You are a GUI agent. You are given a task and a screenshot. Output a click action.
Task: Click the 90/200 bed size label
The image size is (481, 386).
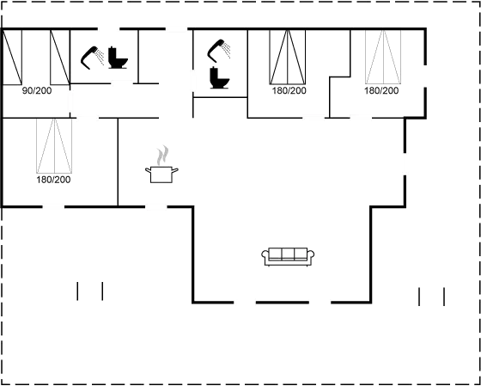(x=37, y=91)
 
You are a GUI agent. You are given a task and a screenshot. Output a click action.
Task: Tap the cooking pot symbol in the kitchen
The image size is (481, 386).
(x=161, y=175)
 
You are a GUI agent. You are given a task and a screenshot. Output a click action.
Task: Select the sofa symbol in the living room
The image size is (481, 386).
(x=288, y=257)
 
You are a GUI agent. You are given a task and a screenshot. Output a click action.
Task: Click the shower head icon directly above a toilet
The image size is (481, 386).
(x=219, y=51)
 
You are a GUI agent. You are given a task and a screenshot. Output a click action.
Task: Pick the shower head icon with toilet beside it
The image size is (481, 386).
(x=93, y=58)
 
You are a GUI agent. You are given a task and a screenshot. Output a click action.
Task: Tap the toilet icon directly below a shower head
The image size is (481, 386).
(x=219, y=78)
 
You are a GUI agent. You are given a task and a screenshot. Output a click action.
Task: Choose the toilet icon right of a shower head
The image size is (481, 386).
(x=118, y=58)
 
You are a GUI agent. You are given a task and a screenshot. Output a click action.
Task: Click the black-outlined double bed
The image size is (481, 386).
(x=288, y=57)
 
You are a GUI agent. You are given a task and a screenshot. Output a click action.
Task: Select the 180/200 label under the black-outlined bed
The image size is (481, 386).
(x=289, y=91)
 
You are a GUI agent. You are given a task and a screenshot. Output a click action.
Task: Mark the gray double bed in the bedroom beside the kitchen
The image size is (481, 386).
(x=54, y=146)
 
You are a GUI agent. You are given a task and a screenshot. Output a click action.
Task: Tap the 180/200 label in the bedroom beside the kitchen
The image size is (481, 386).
(x=53, y=180)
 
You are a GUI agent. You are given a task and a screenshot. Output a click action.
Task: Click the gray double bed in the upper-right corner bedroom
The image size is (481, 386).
(x=383, y=57)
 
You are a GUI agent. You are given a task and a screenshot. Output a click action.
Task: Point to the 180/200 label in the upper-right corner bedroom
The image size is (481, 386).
(x=381, y=91)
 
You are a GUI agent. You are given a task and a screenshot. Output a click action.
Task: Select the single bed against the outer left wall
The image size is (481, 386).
(x=12, y=57)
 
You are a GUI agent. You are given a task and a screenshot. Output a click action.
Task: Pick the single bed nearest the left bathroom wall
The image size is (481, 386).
(x=60, y=57)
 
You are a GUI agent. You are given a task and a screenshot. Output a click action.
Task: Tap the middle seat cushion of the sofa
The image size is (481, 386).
(x=288, y=254)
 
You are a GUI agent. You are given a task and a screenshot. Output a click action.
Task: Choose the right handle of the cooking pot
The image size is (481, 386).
(x=175, y=170)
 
